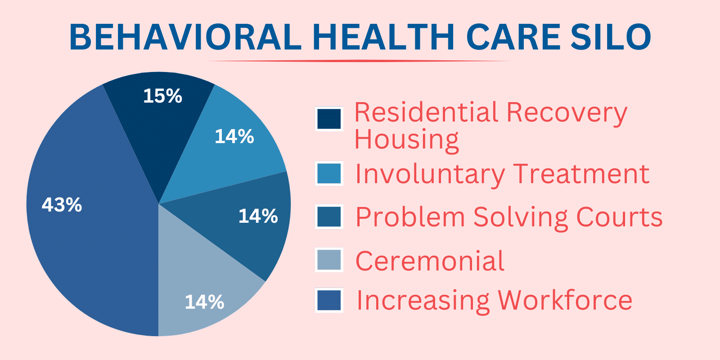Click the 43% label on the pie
coord(62,204)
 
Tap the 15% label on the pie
coord(162,96)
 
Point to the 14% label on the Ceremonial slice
coord(204,302)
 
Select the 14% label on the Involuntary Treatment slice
coord(234,136)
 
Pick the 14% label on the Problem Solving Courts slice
coord(258,216)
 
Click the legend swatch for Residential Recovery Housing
coord(329,119)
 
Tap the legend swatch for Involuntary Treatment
coord(329,174)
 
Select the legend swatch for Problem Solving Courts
coord(329,216)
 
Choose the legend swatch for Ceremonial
coord(329,260)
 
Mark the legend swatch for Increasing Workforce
coord(329,300)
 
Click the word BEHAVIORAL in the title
coord(185,37)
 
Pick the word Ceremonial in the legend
coord(430,261)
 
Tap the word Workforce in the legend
coord(565,300)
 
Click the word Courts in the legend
coord(619,217)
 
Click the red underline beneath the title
coord(358,61)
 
